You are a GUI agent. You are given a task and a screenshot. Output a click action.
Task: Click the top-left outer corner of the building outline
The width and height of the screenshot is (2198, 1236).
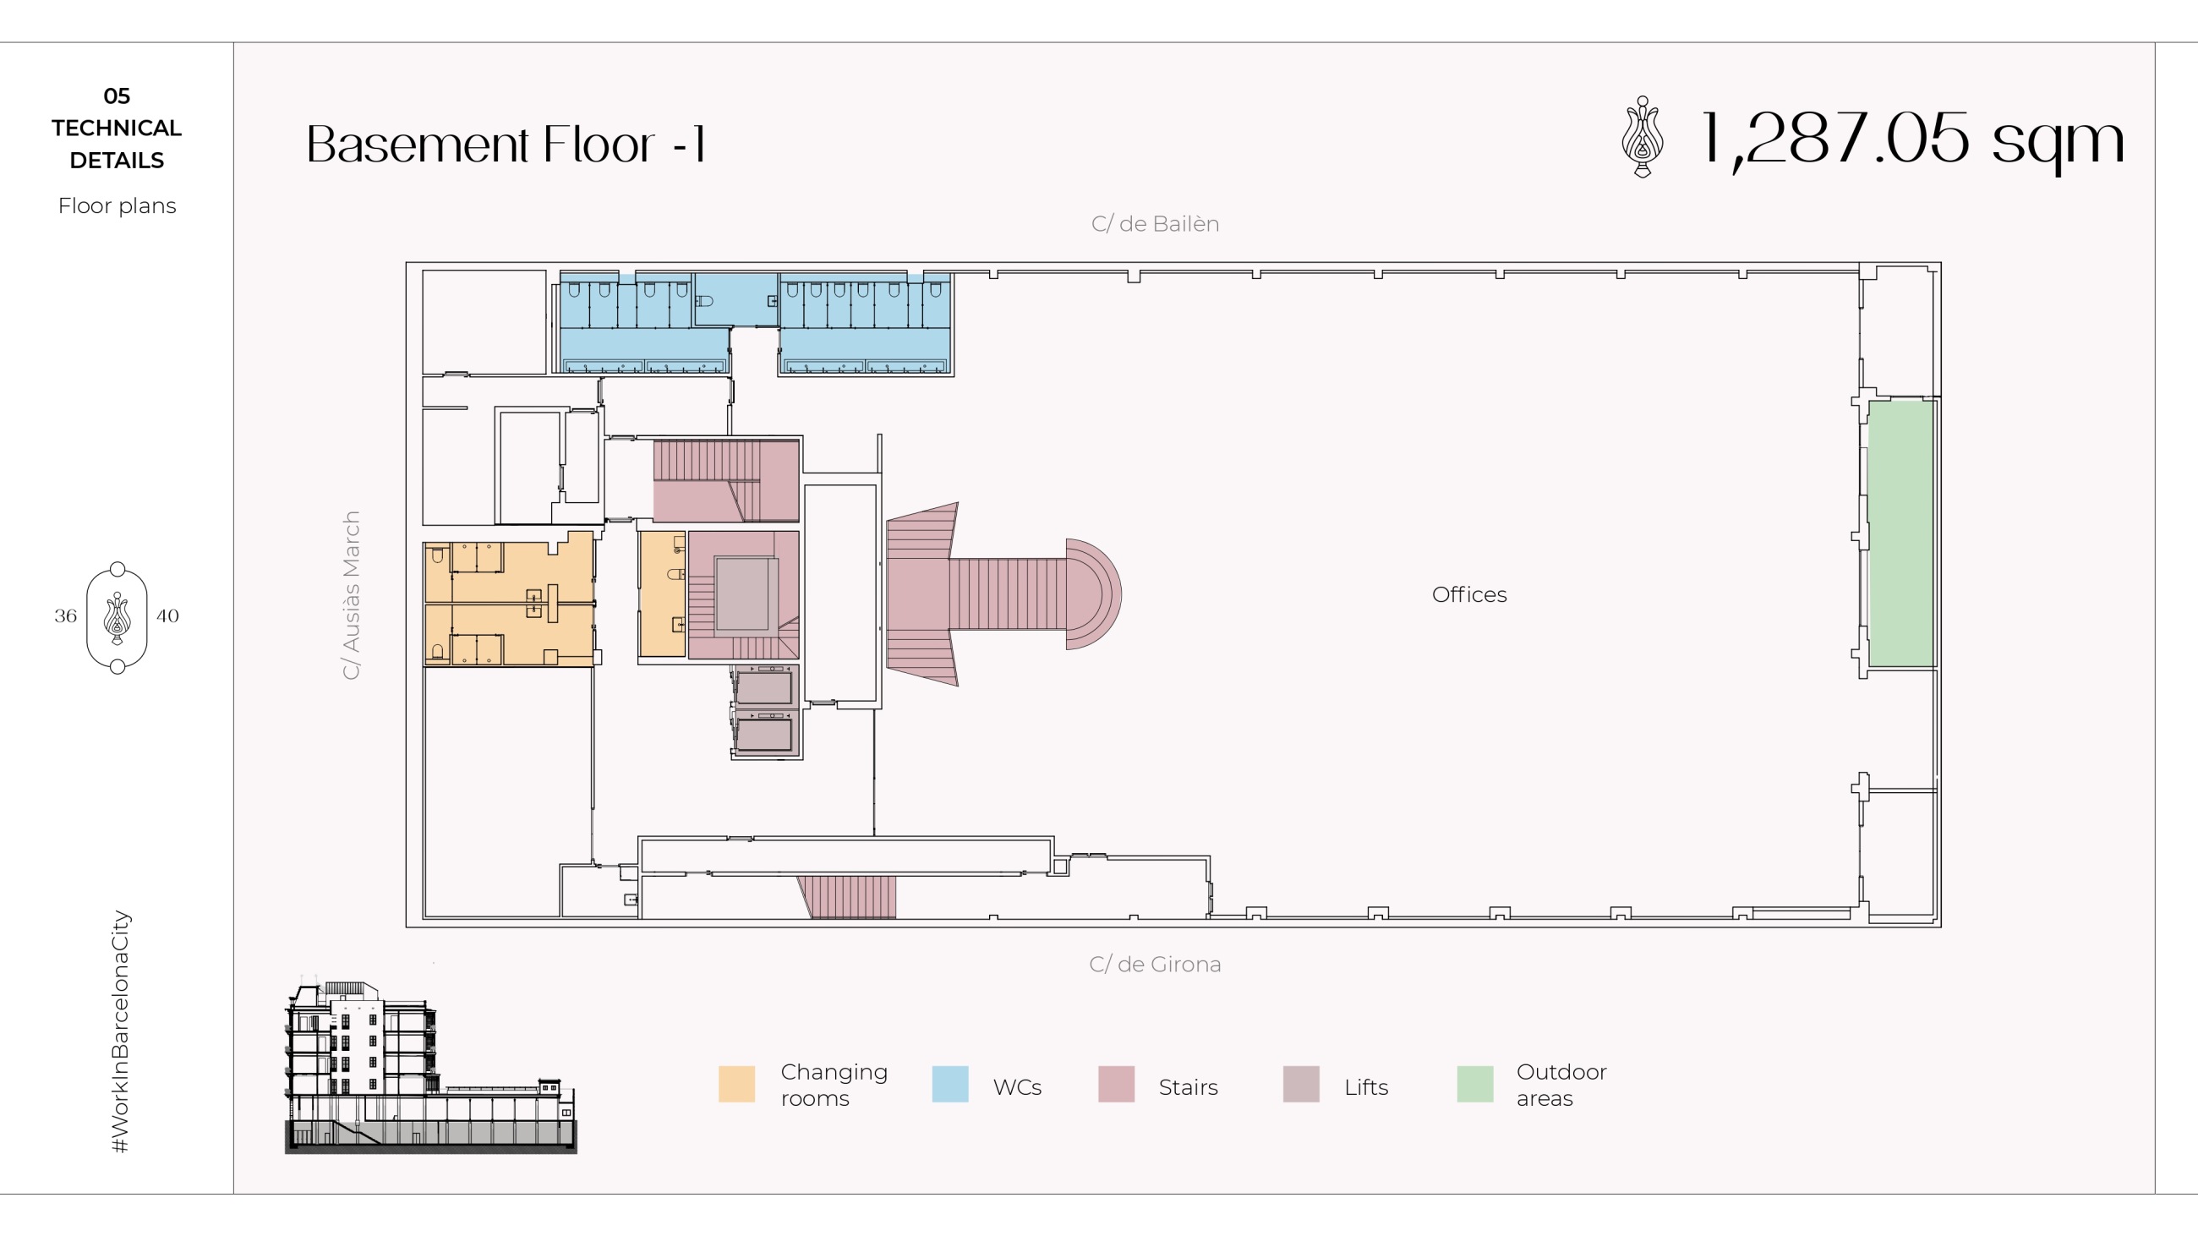click(406, 263)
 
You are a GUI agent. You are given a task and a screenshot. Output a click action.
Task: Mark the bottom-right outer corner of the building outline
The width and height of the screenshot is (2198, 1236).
click(1941, 927)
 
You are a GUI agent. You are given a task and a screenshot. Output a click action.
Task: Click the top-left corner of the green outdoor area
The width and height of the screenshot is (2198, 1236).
click(1868, 401)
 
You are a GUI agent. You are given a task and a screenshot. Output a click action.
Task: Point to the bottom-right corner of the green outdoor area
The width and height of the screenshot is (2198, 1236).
click(1934, 666)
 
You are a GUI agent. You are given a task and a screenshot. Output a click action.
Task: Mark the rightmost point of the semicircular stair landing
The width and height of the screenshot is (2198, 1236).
click(1121, 593)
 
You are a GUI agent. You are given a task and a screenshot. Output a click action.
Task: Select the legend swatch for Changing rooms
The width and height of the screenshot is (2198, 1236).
click(736, 1084)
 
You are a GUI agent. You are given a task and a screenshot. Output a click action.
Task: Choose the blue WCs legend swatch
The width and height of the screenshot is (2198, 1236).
click(949, 1084)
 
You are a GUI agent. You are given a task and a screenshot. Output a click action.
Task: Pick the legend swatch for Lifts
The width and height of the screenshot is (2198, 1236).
click(1301, 1084)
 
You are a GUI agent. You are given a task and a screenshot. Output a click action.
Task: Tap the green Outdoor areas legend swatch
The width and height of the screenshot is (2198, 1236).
click(1475, 1084)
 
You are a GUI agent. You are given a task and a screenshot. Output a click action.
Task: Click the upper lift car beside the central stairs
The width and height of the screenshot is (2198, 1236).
click(764, 686)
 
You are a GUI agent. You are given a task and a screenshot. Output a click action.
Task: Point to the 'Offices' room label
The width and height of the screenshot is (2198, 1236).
click(1469, 594)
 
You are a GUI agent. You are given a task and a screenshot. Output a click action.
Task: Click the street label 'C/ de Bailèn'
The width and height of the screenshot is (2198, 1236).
click(1156, 223)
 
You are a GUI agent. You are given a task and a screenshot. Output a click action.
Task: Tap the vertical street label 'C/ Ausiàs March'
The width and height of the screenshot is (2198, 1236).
click(351, 595)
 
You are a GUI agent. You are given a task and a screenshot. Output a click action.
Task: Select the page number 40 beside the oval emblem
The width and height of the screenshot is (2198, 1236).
click(167, 615)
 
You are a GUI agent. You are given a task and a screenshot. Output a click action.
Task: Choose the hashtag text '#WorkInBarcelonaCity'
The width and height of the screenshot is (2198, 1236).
click(121, 1032)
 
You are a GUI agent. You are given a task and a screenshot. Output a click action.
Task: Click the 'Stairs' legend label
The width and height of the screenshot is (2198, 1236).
click(1188, 1087)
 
